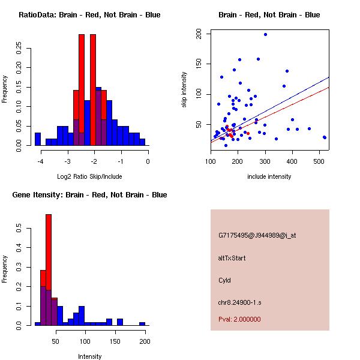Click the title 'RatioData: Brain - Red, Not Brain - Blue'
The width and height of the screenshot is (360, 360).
89,15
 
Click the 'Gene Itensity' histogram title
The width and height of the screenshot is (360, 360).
89,195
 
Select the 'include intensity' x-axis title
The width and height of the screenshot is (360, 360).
269,176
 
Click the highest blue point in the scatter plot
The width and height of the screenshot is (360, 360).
265,35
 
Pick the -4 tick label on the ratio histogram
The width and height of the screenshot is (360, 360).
40,161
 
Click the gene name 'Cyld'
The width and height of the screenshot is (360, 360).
224,280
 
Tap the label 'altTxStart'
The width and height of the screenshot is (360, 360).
232,258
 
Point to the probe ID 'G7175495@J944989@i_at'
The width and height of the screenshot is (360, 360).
257,235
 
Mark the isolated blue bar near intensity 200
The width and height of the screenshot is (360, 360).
142,323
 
